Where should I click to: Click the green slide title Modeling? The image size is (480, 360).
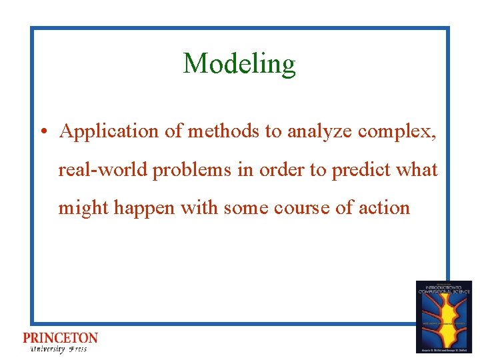coord(239,64)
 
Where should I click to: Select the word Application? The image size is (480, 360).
coord(110,132)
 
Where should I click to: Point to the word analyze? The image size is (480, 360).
coord(319,132)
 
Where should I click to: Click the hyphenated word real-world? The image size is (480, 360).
coord(104,170)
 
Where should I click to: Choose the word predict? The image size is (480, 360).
coord(363,170)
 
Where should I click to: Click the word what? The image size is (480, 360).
coord(419,170)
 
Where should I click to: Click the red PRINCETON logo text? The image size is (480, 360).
coord(60,339)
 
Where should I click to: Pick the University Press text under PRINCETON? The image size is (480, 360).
coord(59,349)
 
